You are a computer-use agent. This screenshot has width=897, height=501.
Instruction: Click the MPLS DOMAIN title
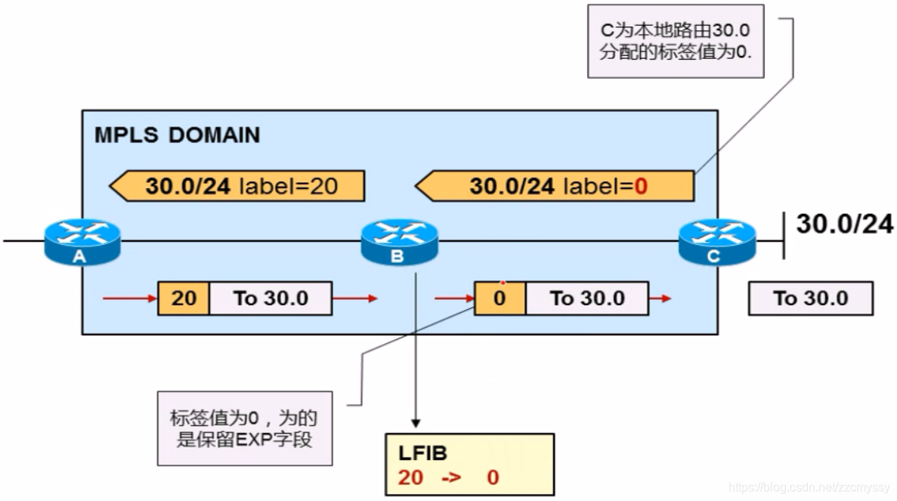tap(177, 135)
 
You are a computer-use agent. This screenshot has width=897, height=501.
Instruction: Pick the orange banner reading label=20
tap(237, 186)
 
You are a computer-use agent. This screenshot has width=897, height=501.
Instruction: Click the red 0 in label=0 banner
tap(641, 186)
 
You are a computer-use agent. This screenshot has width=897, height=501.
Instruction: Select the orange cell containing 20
tap(184, 298)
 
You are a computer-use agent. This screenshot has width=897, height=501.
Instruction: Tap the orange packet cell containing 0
tap(500, 298)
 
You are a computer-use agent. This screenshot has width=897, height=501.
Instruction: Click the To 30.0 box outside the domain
tap(810, 298)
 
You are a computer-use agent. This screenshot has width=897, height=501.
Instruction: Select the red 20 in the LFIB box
tap(413, 478)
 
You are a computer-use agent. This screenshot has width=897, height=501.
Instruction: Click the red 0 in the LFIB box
tap(493, 478)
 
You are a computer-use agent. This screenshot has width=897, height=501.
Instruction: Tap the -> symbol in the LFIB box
tap(450, 478)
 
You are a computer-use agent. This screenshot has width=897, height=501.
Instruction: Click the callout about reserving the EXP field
tap(245, 428)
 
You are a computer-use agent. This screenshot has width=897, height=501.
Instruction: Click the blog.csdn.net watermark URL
tap(809, 487)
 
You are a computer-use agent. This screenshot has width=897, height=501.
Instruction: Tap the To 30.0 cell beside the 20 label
tap(271, 298)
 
